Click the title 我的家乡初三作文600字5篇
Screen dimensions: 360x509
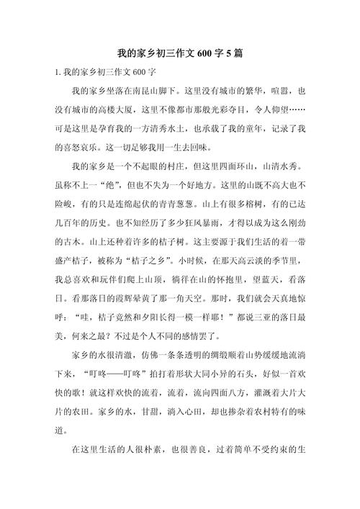[180, 54]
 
